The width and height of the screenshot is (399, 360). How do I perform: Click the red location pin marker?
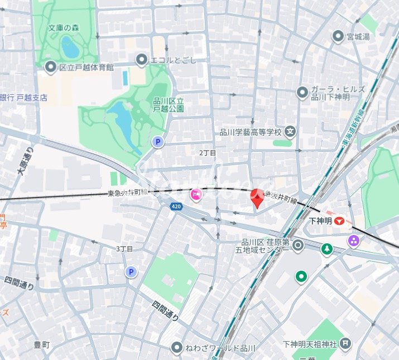point(256,198)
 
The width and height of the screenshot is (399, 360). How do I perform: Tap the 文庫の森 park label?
point(64,27)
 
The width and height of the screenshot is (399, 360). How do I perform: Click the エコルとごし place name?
point(173,59)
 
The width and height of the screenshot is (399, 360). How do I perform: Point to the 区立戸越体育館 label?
point(86,68)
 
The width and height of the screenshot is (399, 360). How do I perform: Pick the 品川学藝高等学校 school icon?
point(290,132)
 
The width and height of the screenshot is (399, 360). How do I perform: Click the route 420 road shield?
point(176,207)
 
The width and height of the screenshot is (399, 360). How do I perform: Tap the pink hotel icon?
point(196,194)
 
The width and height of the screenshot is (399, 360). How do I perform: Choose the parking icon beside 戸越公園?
point(158,142)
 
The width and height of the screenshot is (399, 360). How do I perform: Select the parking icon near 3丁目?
point(131,272)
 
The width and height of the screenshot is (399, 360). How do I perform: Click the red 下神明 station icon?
point(340,222)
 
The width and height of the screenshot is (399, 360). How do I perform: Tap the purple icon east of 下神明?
point(353,241)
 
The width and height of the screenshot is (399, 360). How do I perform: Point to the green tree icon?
point(326,249)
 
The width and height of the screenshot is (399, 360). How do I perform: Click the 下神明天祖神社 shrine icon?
point(346,342)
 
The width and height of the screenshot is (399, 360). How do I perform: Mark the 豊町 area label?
point(42,345)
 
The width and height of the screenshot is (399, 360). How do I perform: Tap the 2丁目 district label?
point(208,152)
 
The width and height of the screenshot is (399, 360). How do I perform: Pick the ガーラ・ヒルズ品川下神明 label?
point(330,93)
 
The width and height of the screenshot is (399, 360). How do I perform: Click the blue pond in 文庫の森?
point(70,47)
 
